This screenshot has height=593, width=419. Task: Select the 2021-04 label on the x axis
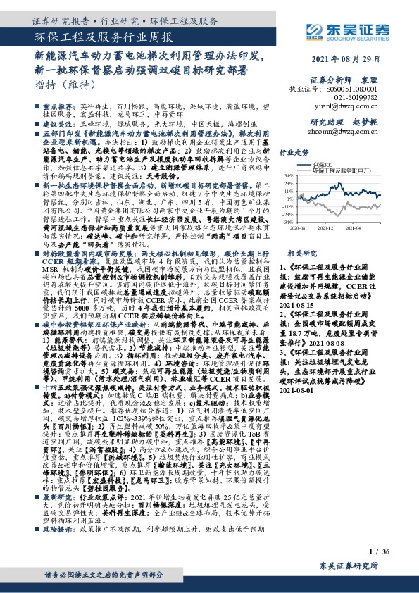click(358, 228)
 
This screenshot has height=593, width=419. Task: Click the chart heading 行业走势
click(295, 151)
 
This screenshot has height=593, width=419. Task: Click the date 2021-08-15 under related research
click(299, 306)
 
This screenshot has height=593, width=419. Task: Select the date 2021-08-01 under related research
click(299, 390)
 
